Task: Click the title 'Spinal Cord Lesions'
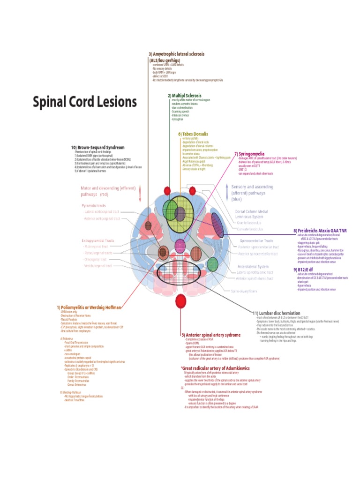point(84,102)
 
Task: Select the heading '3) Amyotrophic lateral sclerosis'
point(177,54)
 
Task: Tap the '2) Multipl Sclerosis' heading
point(184,95)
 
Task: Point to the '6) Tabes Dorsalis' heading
point(193,134)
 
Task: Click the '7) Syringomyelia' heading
point(249,154)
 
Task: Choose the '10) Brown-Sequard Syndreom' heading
point(97,147)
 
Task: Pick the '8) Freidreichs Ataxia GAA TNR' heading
point(320,231)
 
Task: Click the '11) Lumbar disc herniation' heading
point(276,313)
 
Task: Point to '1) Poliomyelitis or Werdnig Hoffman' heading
point(89,307)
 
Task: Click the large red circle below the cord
point(180,301)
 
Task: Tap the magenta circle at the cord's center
point(180,245)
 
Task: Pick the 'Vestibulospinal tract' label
point(97,266)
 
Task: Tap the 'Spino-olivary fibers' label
point(244,291)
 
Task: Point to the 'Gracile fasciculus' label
point(249,223)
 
